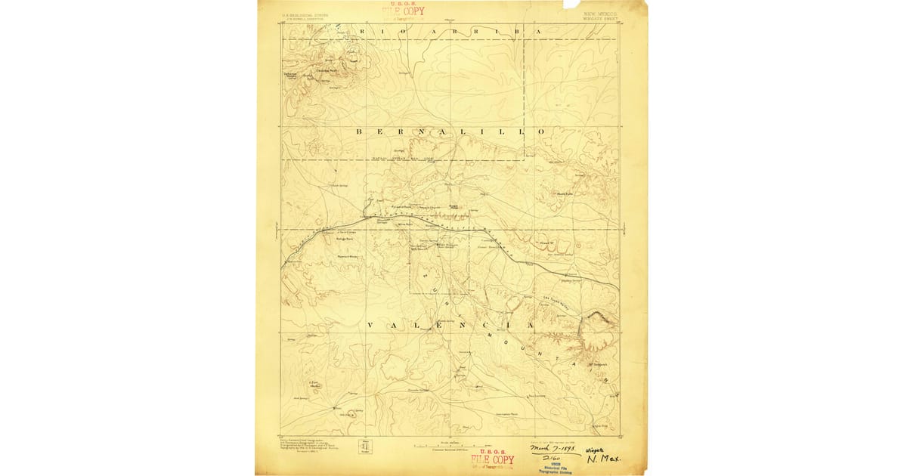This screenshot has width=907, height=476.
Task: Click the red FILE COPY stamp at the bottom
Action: (492, 459)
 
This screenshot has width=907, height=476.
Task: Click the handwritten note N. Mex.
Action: (602, 459)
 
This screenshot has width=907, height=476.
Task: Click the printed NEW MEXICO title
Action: (600, 13)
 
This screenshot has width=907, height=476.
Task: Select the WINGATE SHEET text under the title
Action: (602, 18)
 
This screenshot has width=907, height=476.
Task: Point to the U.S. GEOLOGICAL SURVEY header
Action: (305, 13)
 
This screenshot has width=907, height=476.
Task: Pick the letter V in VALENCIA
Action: (370, 325)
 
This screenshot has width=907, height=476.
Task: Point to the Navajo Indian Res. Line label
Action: (405, 159)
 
